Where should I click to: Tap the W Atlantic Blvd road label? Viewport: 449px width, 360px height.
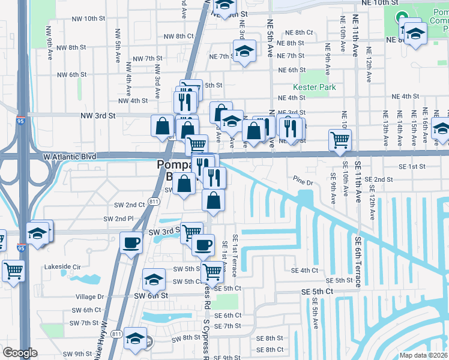tap(70, 157)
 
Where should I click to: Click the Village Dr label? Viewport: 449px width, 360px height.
tap(90, 296)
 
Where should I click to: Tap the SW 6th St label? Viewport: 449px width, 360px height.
tap(150, 296)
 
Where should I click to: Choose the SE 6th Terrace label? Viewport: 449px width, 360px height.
tap(358, 262)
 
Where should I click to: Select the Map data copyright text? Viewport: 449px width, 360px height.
tap(423, 355)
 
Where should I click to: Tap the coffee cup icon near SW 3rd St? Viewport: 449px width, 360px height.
tap(131, 242)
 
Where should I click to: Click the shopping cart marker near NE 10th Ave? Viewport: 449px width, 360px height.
tap(340, 140)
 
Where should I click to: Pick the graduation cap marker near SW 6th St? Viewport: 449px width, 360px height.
tap(154, 280)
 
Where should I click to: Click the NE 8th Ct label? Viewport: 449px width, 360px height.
tap(299, 33)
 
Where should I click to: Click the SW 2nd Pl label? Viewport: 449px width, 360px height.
tap(119, 219)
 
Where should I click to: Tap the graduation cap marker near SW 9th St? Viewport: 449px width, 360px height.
tap(136, 339)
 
